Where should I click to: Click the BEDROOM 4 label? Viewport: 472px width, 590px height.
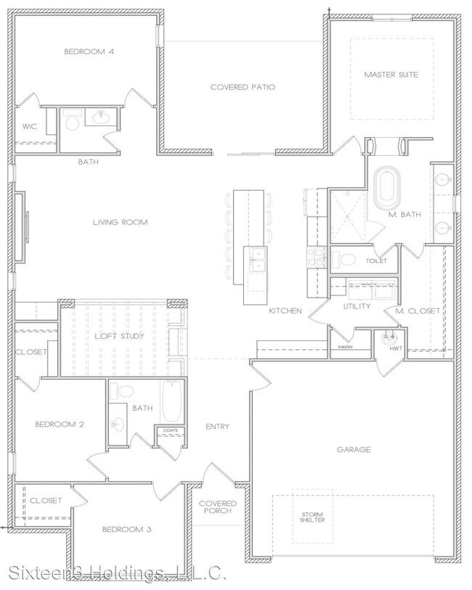89,52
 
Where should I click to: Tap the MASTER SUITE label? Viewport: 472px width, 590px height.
391,75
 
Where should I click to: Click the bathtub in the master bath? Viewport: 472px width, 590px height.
386,187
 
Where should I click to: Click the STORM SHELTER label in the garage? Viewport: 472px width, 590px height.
314,517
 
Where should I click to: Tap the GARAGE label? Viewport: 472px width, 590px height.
354,450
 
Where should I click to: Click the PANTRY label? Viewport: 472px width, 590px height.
346,348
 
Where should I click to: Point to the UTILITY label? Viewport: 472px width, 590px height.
357,306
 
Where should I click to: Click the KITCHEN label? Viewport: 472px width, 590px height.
285,311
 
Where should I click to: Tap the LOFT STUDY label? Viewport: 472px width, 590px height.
120,336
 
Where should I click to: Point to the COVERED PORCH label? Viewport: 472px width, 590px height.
218,507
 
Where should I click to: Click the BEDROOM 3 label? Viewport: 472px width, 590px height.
126,529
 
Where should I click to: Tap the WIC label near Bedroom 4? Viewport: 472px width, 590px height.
29,126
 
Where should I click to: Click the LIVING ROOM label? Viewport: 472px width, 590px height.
120,222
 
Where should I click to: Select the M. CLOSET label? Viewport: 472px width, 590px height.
418,311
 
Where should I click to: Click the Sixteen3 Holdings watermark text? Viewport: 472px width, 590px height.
113,575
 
